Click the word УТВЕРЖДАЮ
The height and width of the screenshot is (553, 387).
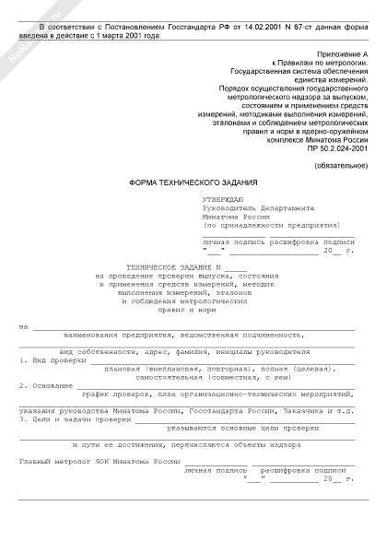(221, 200)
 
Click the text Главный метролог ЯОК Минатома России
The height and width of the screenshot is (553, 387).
(100, 459)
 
